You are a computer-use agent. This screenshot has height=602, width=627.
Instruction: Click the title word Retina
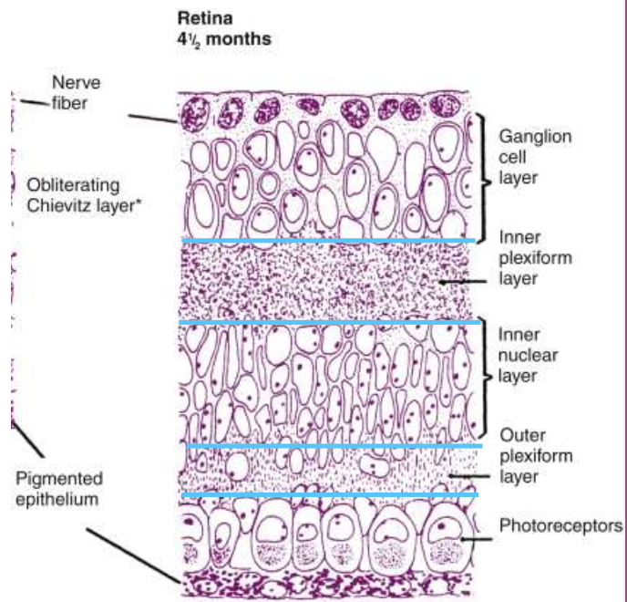pos(201,18)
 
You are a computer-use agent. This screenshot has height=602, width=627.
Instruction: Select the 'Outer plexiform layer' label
pos(535,455)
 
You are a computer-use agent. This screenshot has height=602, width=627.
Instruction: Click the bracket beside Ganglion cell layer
pos(482,173)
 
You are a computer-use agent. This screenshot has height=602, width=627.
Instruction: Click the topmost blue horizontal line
pos(328,240)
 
